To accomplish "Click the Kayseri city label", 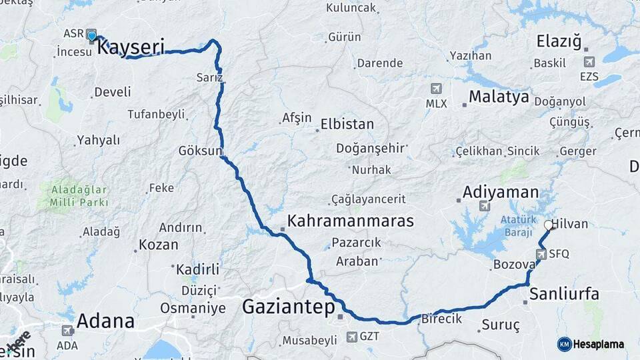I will [x=131, y=48].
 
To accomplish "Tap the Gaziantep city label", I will [x=287, y=307].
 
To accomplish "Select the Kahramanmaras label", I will [x=350, y=221].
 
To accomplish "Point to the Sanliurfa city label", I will [x=564, y=294].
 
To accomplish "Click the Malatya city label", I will [x=499, y=97].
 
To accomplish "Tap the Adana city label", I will [x=105, y=321].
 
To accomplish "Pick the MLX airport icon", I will [x=436, y=88].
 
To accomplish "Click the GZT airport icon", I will [x=352, y=337].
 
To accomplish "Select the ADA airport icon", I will [x=67, y=331].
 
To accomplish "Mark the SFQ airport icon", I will [x=541, y=253].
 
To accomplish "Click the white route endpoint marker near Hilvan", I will [x=549, y=225].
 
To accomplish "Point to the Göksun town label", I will [x=199, y=151].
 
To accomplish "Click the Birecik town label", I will [x=441, y=319].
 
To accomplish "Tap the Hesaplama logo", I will [x=591, y=344].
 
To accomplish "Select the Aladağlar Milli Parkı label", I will [x=79, y=195].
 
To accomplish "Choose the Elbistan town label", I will [x=347, y=125].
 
